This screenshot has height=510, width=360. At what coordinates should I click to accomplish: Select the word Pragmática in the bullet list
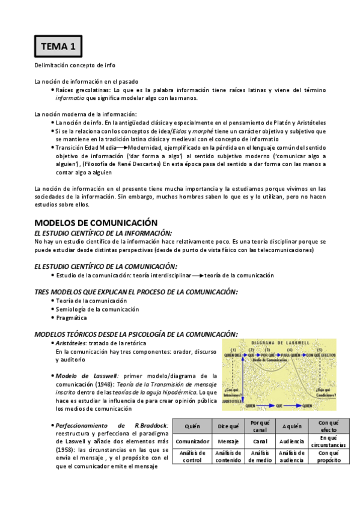click(72, 318)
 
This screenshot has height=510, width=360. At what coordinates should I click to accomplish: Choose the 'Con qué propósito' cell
click(329, 456)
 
